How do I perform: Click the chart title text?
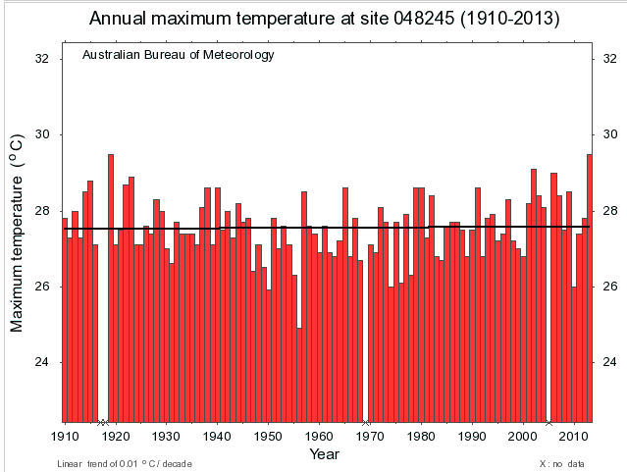point(313,19)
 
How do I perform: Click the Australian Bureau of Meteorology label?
point(178,55)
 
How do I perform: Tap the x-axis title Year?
point(324,454)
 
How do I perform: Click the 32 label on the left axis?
point(42,59)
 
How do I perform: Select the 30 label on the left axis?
point(42,135)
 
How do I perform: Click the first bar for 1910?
point(65,320)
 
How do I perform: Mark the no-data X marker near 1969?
point(365,423)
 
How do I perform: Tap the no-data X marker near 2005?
point(548,423)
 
